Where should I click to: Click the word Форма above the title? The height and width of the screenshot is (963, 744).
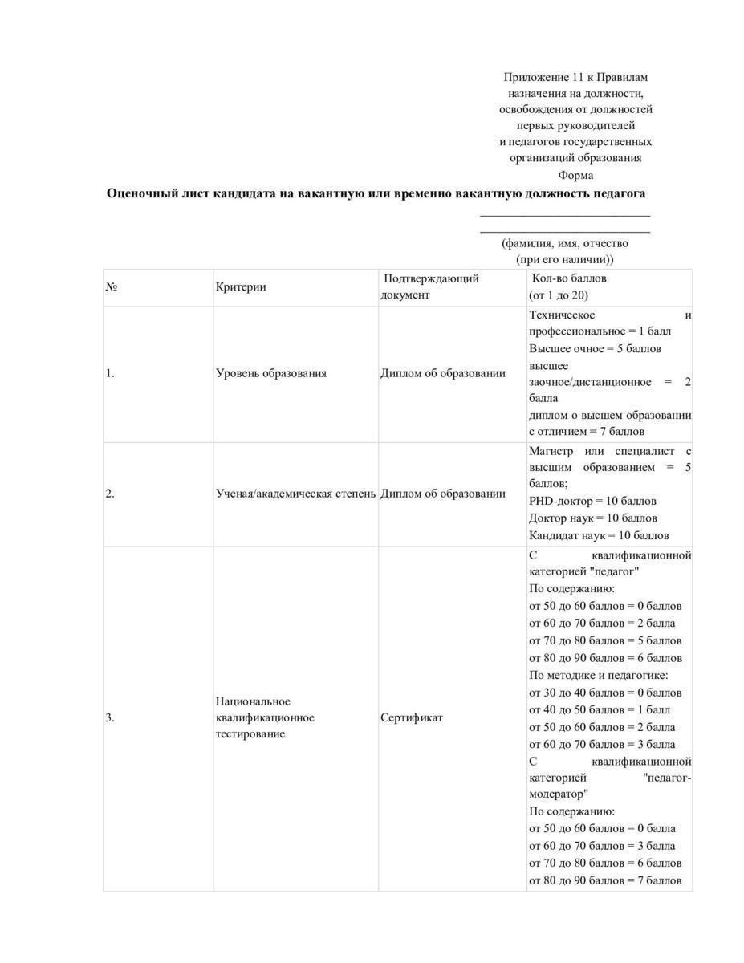click(575, 175)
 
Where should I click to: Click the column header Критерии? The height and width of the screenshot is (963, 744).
click(240, 287)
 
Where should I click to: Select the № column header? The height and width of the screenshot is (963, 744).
click(112, 287)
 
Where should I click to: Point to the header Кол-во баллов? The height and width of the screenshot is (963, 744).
click(569, 278)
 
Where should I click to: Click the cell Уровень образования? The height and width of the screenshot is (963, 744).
click(270, 373)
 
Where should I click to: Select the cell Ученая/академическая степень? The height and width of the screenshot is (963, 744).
click(295, 494)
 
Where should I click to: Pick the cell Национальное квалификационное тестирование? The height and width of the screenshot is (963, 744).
click(265, 717)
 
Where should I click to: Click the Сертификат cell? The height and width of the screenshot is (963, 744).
click(411, 717)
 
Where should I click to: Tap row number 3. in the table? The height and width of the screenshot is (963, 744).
click(110, 717)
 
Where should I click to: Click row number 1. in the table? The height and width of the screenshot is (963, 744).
click(110, 373)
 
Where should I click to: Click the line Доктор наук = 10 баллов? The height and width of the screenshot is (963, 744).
click(592, 518)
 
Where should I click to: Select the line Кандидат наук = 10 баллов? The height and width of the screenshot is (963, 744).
click(598, 535)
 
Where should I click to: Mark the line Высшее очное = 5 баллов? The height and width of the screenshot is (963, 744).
click(595, 348)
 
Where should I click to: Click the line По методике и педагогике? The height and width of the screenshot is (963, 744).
click(598, 675)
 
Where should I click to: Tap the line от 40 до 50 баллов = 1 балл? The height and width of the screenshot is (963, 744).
click(599, 709)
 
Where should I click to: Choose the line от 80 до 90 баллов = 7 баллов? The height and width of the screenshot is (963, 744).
click(605, 880)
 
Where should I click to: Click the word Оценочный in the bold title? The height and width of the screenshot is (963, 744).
click(141, 193)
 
